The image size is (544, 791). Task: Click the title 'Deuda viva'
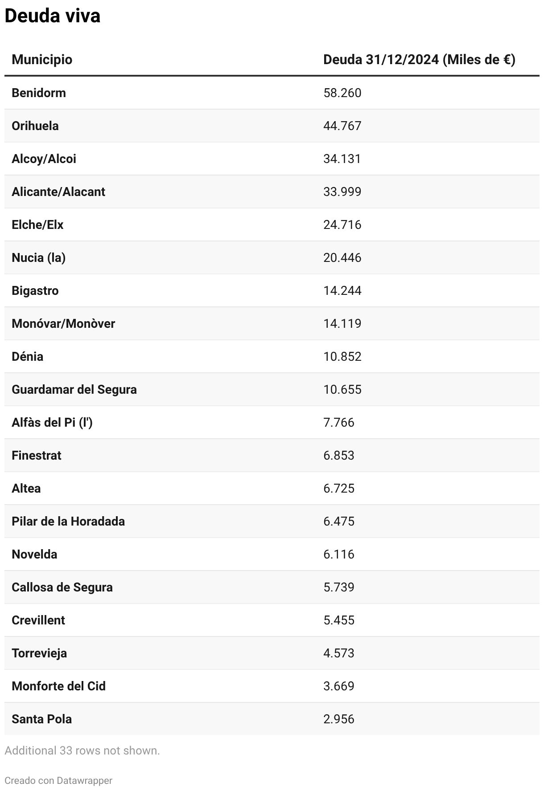[x=52, y=16]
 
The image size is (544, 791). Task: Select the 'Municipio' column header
[x=42, y=59]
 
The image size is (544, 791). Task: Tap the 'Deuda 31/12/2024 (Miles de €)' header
[x=419, y=59]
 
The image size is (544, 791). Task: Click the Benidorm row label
[x=39, y=93]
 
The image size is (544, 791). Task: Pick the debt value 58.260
[x=342, y=93]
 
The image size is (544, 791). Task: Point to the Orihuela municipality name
[x=35, y=126]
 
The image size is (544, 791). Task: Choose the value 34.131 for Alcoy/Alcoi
[x=342, y=159]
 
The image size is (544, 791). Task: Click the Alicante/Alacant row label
[x=58, y=192]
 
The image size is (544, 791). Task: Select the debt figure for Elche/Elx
[x=342, y=224]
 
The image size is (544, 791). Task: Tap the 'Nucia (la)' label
[x=39, y=257]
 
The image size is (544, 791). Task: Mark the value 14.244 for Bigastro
[x=342, y=290]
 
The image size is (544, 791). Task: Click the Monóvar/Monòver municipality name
[x=63, y=323]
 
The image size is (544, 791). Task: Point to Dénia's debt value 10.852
[x=342, y=356]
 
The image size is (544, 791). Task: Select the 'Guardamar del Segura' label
[x=74, y=389]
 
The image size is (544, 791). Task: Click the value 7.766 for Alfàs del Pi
[x=338, y=422]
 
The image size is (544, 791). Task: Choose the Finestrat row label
[x=37, y=455]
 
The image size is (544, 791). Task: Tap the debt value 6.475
[x=338, y=521]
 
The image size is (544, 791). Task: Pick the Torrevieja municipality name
[x=39, y=653]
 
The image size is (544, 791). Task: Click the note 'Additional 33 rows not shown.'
[x=82, y=750]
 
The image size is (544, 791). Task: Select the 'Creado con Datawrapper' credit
[x=58, y=780]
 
